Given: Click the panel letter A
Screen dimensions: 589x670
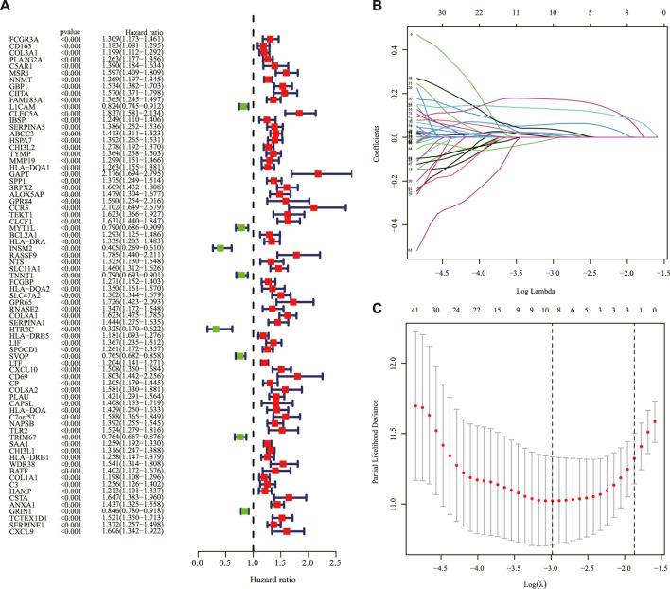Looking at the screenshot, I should pos(9,9).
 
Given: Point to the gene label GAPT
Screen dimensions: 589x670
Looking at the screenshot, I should pos(19,200).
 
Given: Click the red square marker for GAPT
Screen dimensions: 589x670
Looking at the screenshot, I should pos(319,200).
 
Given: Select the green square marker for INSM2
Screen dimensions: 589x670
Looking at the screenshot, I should pos(220,275).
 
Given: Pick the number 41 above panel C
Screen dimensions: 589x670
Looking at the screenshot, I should pos(415,310).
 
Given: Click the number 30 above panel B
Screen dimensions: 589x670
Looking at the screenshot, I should pos(415,16).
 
